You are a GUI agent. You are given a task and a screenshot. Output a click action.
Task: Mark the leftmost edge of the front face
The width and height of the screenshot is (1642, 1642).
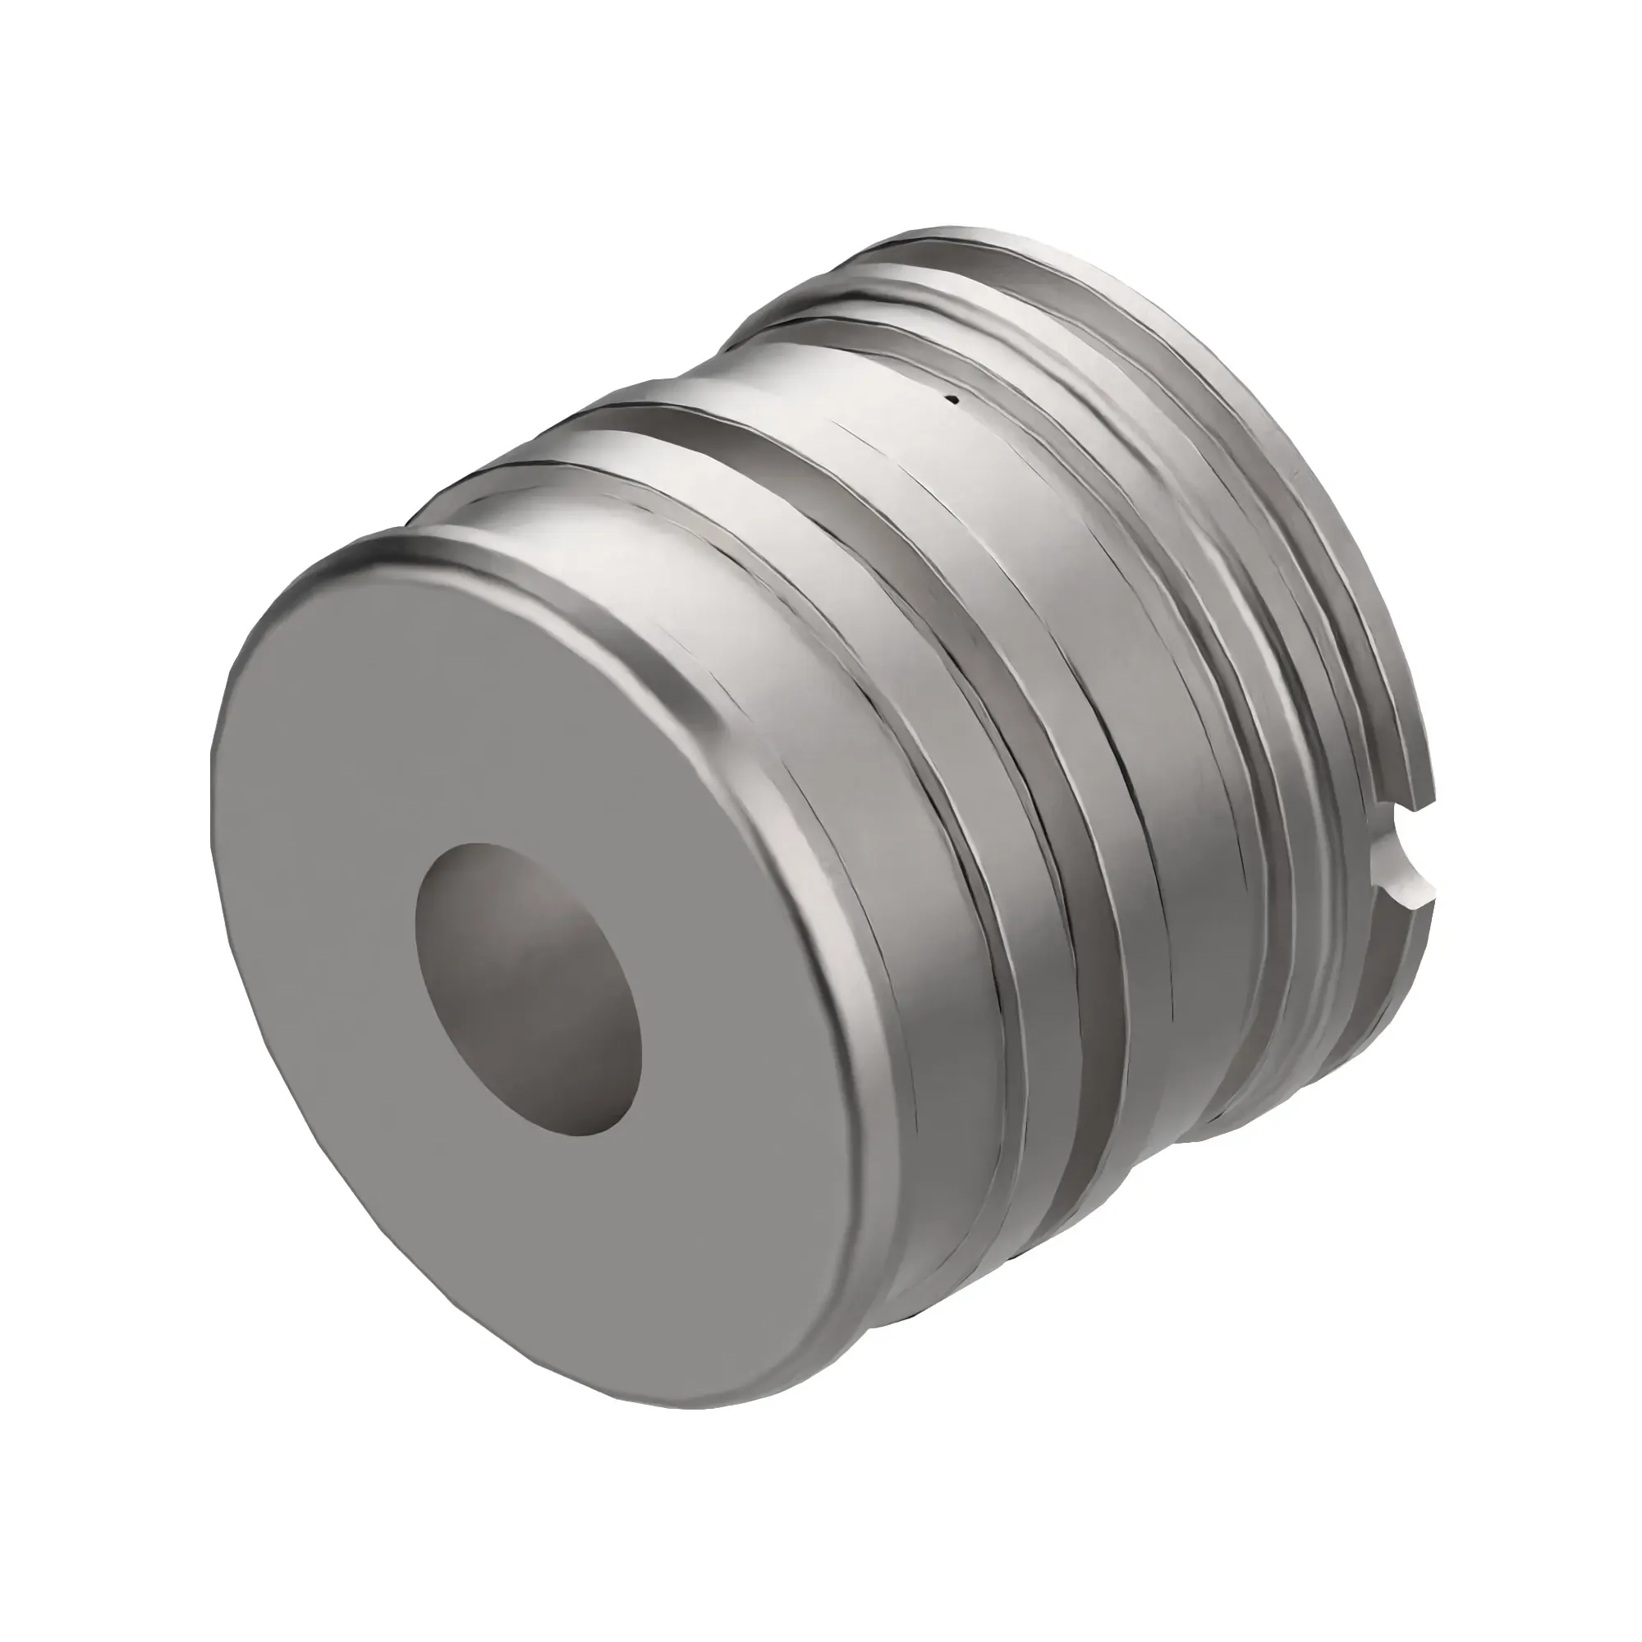pos(213,816)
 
